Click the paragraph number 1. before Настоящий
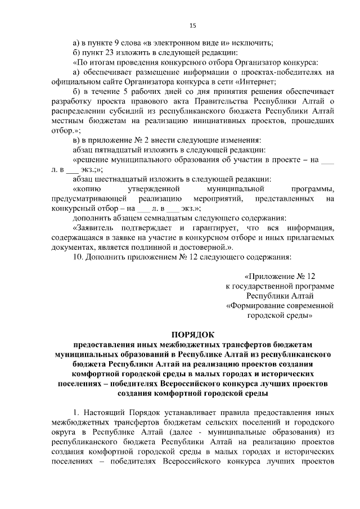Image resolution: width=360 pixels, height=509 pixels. pyautogui.click(x=77, y=411)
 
